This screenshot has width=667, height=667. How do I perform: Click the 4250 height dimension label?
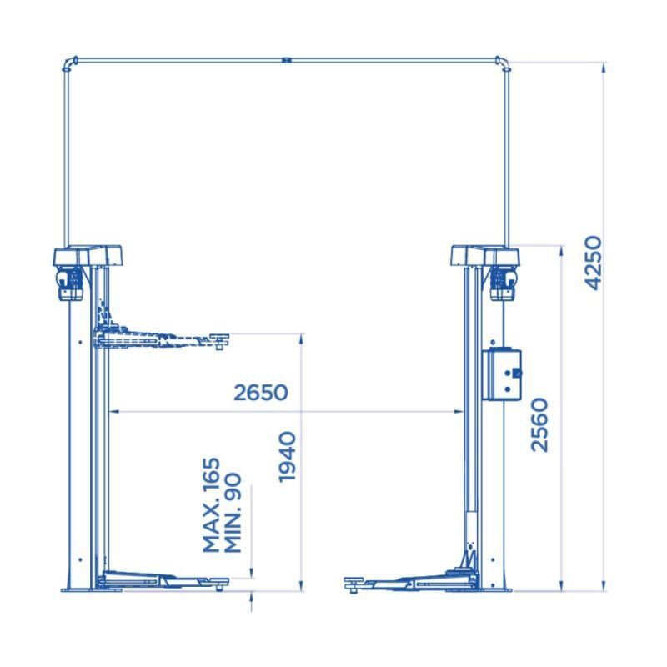point(594,263)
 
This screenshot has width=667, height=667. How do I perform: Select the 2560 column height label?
point(539,424)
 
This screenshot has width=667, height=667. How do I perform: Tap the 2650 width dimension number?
point(261,392)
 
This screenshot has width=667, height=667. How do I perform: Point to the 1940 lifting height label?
point(287,457)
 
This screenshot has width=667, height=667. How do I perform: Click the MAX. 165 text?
point(212,504)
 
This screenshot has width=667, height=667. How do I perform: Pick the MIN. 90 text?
point(233,513)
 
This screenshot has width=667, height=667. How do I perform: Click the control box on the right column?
point(502,374)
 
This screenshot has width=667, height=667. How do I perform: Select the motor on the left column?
point(70,283)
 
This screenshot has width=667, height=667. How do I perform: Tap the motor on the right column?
point(504,283)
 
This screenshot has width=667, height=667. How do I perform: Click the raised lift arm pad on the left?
point(219,340)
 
